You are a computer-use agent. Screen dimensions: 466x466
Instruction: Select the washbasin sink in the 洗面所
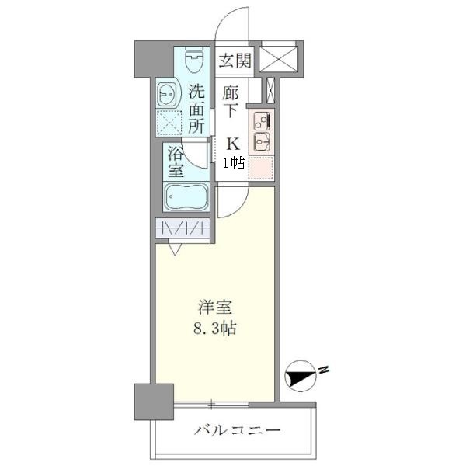(166, 94)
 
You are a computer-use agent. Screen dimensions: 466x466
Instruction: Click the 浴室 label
(176, 161)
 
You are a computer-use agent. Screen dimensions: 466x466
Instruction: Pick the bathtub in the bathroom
(186, 197)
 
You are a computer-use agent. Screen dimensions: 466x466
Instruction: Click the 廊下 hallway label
(231, 101)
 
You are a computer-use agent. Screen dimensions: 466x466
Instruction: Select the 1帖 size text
(234, 163)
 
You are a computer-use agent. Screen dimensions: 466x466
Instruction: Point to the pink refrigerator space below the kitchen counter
(261, 167)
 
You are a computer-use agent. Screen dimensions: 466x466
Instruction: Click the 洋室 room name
(209, 307)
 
